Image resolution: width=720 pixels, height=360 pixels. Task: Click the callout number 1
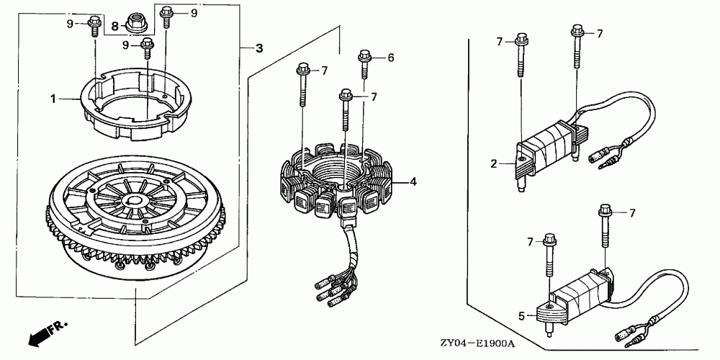53,99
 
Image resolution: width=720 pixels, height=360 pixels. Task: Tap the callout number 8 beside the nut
114,25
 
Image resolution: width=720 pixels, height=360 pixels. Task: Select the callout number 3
259,48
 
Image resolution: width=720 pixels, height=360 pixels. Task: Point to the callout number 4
413,182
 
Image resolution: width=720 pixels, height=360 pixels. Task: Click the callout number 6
391,58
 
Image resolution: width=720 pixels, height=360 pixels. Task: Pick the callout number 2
495,164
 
